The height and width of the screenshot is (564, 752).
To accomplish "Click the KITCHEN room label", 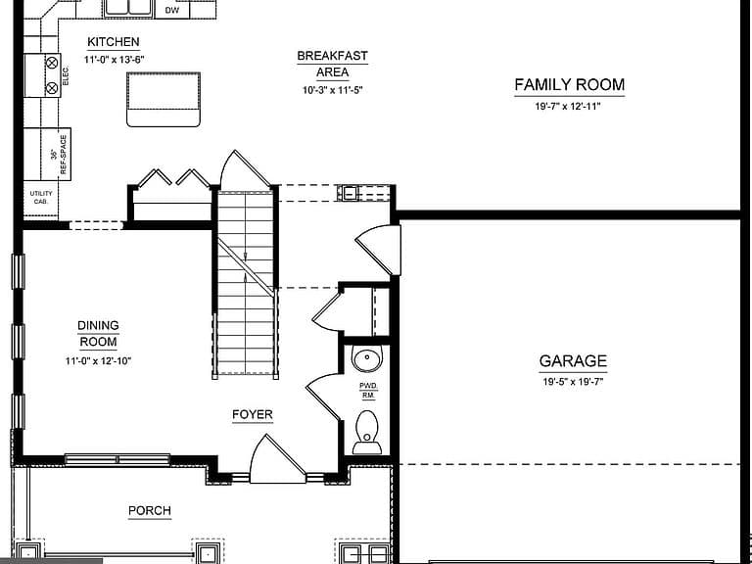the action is pos(114,42).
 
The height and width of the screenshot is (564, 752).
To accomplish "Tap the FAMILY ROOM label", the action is pos(569,85).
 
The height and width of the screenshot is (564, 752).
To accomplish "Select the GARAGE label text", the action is pos(573,360).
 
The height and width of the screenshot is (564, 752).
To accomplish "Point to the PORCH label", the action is pos(150,511).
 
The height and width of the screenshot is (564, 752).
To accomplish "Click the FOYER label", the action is pos(253,415).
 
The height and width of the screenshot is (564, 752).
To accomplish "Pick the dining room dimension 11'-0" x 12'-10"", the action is pos(98,360).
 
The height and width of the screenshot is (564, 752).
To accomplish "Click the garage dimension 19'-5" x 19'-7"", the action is pos(573,382).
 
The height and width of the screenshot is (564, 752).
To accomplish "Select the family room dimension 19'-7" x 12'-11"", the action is pos(568,106).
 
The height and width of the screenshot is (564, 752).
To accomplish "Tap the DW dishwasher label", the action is pos(171,10).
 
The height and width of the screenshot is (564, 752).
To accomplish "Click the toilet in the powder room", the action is pos(367,433).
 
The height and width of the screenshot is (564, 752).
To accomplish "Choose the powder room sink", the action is pos(367,357).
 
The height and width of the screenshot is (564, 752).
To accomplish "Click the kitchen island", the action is pos(164,99).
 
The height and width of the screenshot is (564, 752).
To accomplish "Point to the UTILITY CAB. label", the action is pos(41,198).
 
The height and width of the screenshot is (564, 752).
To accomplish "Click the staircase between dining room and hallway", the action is pos(246,283).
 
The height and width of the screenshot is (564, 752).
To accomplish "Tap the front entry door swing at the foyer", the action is pos(277,459).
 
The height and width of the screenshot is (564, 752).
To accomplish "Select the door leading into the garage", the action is pos(379,251).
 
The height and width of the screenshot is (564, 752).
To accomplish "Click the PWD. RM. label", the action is pos(368,391).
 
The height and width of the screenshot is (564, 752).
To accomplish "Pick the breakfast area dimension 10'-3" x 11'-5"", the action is pos(332,90).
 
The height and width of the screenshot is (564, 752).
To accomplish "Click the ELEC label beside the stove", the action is pos(66,76).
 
